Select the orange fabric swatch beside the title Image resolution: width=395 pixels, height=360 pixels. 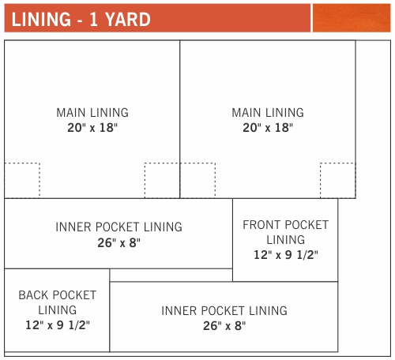coord(351,17)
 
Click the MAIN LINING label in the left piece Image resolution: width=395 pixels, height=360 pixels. coord(92,113)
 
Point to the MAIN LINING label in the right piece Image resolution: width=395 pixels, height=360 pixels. coord(268,113)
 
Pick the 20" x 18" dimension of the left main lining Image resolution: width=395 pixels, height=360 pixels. coord(92,127)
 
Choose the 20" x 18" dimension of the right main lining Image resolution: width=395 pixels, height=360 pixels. coord(268,127)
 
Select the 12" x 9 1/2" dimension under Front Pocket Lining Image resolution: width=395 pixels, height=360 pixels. coord(285,254)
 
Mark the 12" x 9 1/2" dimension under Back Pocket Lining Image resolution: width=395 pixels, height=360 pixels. coord(57,324)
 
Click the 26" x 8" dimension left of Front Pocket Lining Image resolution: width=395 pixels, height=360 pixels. coord(118,242)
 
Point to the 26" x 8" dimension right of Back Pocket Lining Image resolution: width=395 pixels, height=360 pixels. coord(224,325)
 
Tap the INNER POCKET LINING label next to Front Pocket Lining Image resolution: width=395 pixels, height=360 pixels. coord(118,227)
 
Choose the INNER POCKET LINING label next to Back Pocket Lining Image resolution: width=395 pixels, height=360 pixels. coord(224,310)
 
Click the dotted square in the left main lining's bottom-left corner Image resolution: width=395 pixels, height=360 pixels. coord(22,180)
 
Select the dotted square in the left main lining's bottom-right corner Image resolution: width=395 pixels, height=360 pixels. coord(162,180)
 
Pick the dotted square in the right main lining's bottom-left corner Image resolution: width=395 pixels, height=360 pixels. coord(197,180)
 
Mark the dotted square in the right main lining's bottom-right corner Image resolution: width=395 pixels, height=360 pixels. coord(337,180)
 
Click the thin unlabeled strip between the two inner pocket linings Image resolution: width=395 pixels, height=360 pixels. coord(171,275)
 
